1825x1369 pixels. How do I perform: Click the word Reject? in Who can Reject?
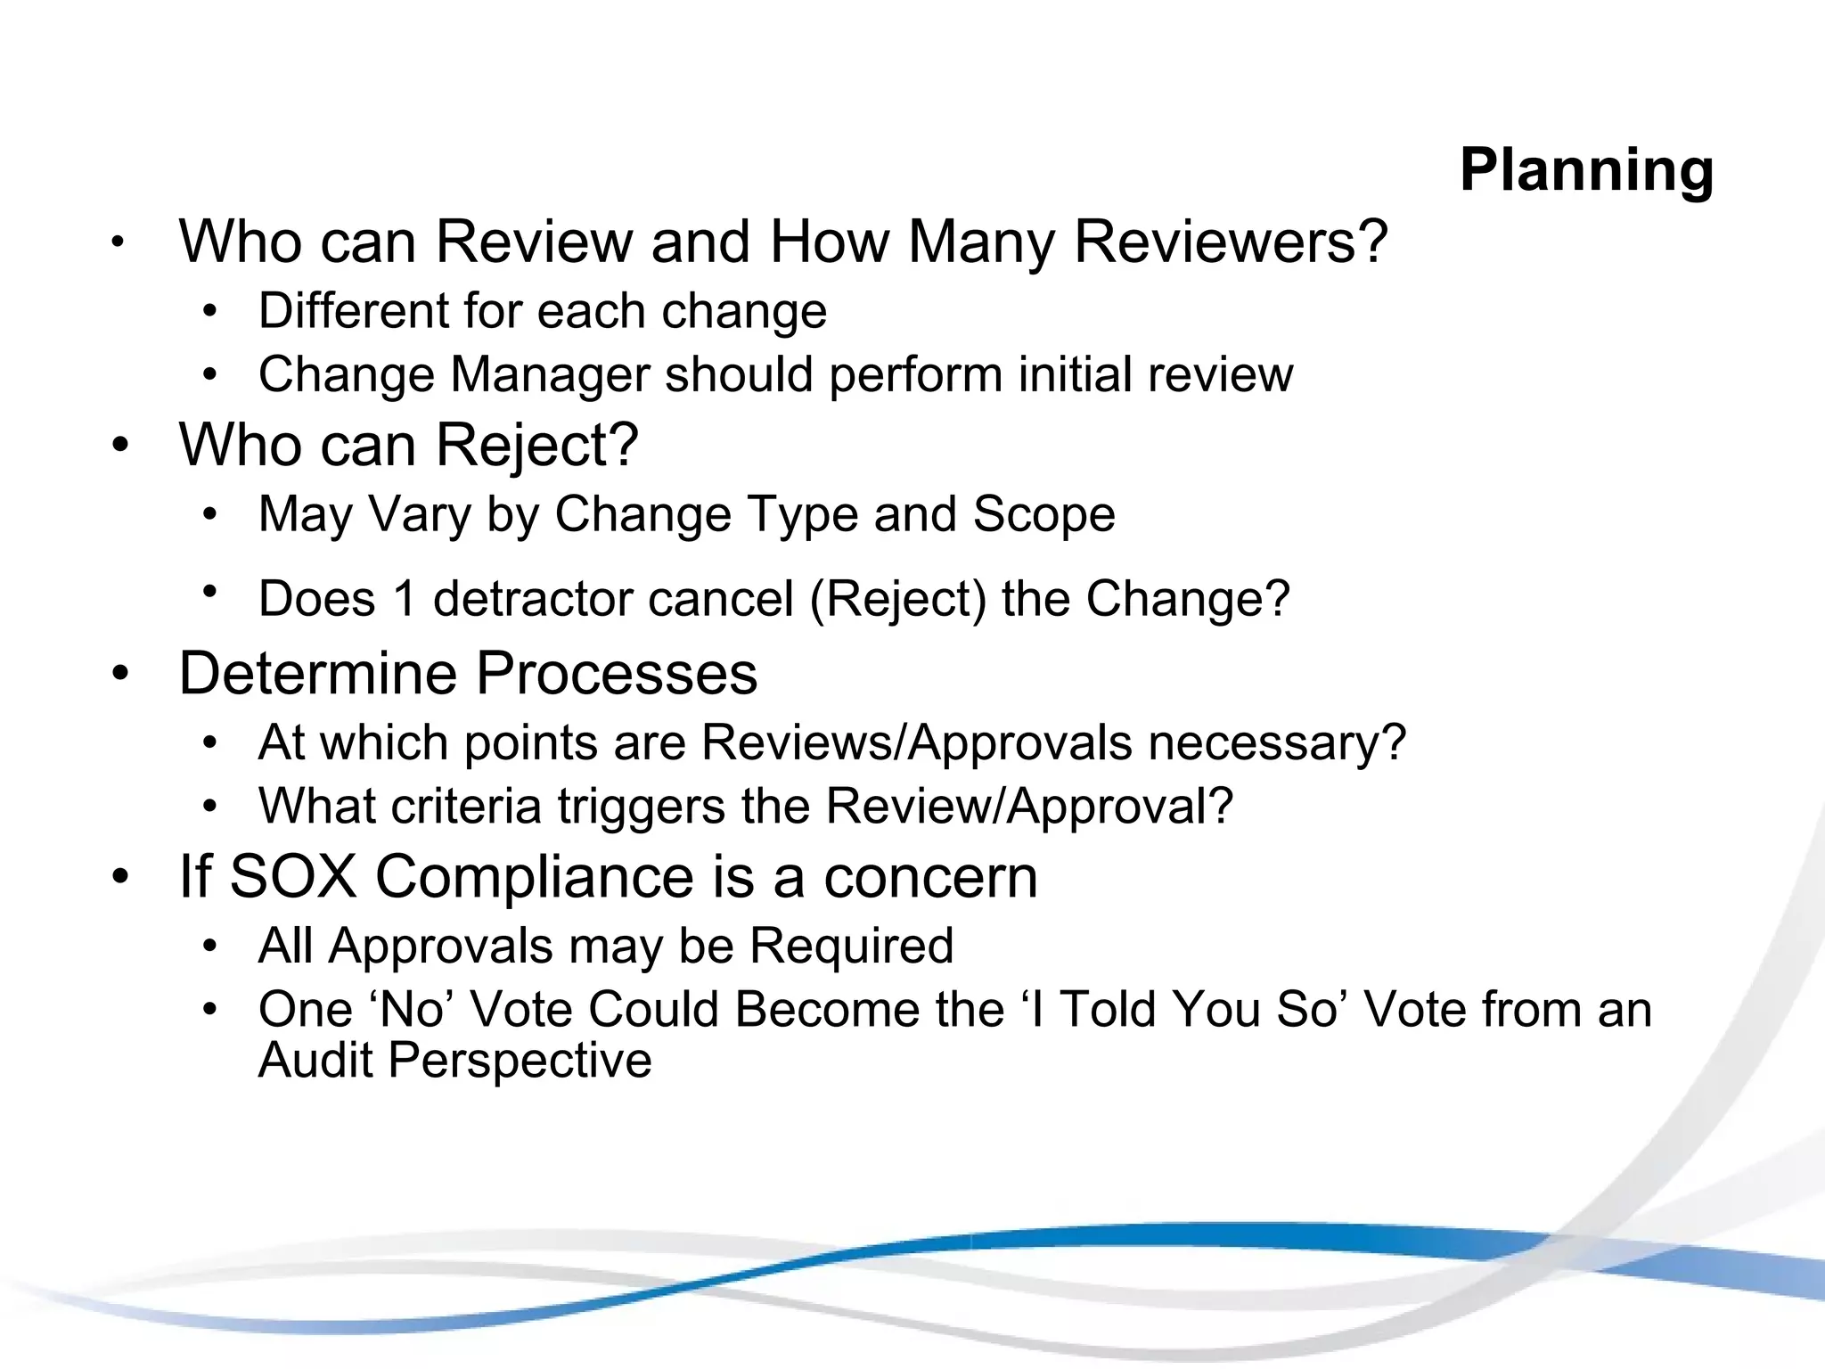[x=537, y=445]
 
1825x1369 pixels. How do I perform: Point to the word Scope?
[x=1043, y=514]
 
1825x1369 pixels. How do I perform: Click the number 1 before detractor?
[x=405, y=599]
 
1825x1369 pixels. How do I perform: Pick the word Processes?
[x=617, y=673]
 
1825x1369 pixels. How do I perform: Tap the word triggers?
[x=641, y=807]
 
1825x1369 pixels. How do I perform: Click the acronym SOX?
[x=293, y=877]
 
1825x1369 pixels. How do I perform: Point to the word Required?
[x=851, y=946]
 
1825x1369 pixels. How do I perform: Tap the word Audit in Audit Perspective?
[x=315, y=1061]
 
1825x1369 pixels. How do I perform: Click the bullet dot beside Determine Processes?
[x=120, y=673]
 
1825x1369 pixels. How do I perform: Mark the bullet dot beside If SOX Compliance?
[x=120, y=876]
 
